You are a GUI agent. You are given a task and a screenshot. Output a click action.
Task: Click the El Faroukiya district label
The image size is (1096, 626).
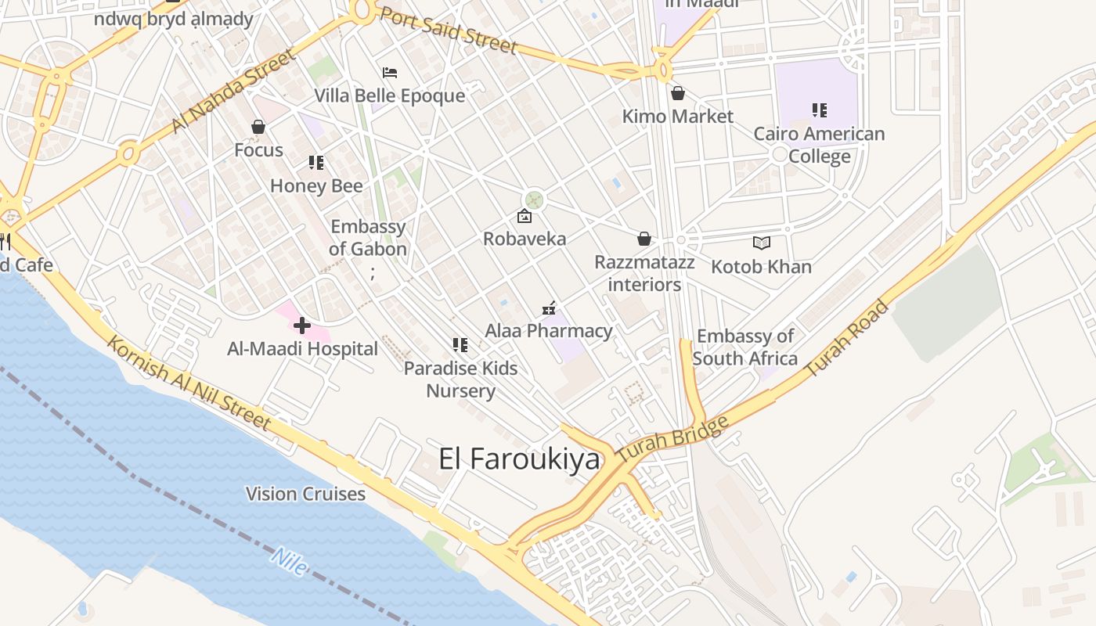pyautogui.click(x=519, y=459)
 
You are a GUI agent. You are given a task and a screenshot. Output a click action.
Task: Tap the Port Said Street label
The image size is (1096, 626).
pyautogui.click(x=449, y=31)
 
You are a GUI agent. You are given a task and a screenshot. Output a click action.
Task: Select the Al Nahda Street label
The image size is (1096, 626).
pyautogui.click(x=234, y=91)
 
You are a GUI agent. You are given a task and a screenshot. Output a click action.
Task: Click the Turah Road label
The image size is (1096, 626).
pyautogui.click(x=847, y=339)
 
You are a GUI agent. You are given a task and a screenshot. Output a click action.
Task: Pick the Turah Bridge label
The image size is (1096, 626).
pyautogui.click(x=672, y=438)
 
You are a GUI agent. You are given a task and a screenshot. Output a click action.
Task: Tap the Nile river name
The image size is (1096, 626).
pyautogui.click(x=289, y=561)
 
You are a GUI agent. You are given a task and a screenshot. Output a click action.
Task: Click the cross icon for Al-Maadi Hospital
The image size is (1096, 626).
pyautogui.click(x=302, y=326)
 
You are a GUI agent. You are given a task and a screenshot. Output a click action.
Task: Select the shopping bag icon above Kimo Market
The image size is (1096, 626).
pyautogui.click(x=678, y=94)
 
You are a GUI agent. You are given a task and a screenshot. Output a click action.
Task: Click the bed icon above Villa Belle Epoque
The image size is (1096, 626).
pyautogui.click(x=390, y=74)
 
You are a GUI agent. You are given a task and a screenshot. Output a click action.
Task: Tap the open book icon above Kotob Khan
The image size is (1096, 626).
pyautogui.click(x=762, y=243)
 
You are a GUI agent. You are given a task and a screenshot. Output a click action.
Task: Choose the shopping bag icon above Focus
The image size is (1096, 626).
pyautogui.click(x=258, y=127)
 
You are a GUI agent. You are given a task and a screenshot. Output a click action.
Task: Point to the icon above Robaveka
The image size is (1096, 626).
pyautogui.click(x=524, y=216)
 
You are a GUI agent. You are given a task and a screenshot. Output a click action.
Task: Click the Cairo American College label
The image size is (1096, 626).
pyautogui.click(x=819, y=145)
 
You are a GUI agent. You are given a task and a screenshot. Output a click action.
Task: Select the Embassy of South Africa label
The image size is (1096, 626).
pyautogui.click(x=745, y=347)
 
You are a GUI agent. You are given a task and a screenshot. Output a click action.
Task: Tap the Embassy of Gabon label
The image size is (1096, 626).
pyautogui.click(x=368, y=238)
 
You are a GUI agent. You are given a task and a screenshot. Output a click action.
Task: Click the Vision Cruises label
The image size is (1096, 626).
pyautogui.click(x=305, y=494)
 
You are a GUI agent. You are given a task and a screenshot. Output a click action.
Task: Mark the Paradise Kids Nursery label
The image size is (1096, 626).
pyautogui.click(x=460, y=379)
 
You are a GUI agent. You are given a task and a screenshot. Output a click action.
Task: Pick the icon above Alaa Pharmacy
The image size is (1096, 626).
pyautogui.click(x=549, y=308)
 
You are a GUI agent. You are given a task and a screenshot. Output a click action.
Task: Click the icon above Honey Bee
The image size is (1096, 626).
pyautogui.click(x=316, y=163)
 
